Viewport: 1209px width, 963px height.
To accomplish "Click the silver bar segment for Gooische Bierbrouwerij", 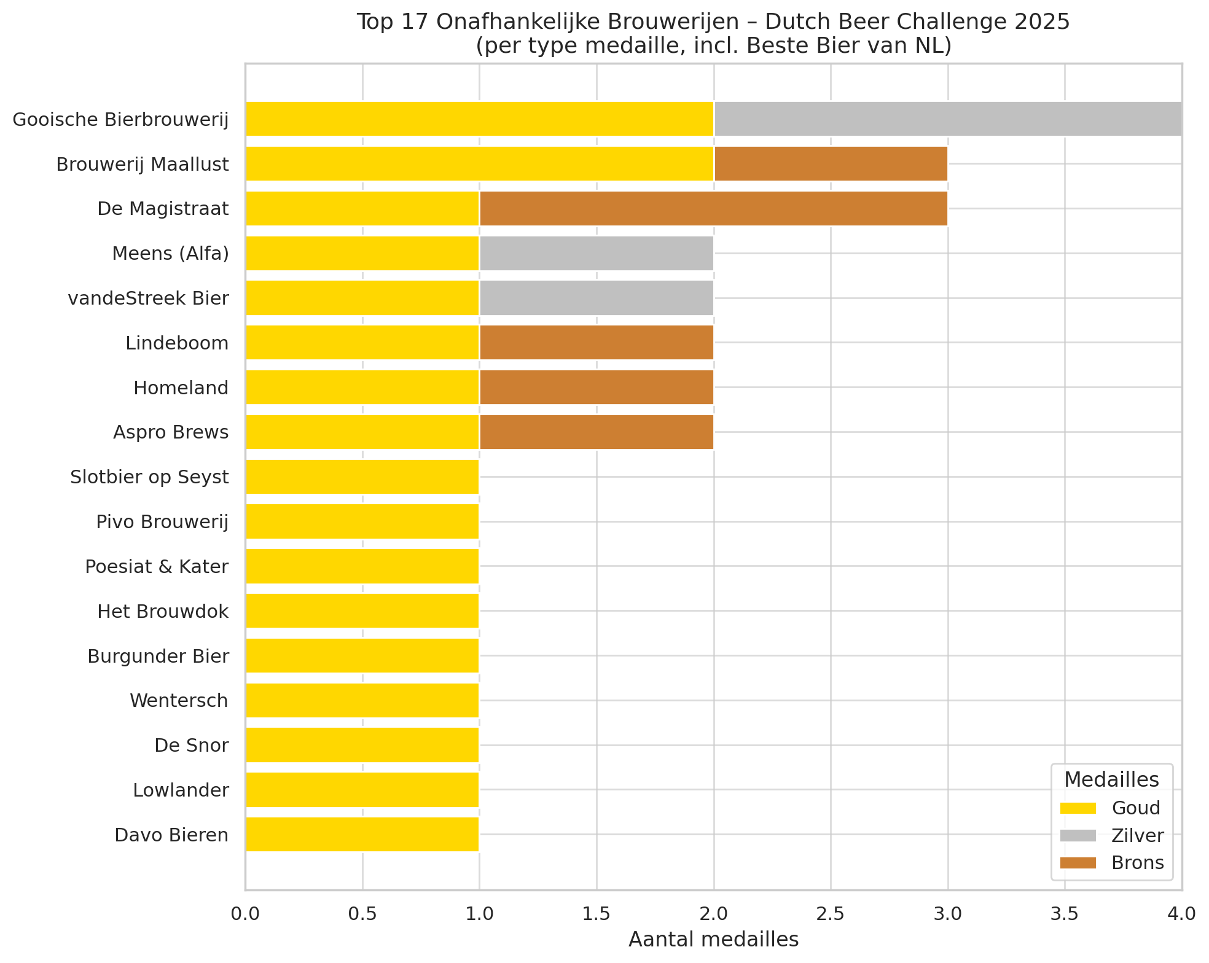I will tap(947, 119).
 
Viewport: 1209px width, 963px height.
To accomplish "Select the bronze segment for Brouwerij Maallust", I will tap(830, 163).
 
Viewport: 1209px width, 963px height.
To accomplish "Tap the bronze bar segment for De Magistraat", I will tap(713, 208).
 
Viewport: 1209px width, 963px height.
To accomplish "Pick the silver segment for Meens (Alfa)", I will tap(596, 253).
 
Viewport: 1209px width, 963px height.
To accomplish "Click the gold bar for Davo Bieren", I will tap(362, 834).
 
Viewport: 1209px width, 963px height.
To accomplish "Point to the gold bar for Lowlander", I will tap(362, 789).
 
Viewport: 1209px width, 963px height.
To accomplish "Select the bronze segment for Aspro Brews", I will tap(596, 432).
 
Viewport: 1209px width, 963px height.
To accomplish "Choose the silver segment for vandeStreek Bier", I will tap(596, 298).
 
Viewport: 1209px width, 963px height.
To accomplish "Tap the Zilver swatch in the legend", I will tap(1078, 835).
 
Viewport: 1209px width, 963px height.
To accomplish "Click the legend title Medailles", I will tap(1111, 779).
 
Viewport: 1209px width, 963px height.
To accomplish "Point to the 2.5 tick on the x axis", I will tap(831, 914).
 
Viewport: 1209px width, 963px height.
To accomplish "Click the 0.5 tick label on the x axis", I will tap(362, 914).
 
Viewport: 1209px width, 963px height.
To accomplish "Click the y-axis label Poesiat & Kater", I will tap(157, 566).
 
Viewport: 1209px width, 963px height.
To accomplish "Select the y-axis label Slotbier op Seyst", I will tap(149, 477).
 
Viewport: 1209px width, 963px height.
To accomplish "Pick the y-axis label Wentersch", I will tap(179, 700).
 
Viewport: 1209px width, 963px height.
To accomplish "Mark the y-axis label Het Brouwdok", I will tap(163, 611).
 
